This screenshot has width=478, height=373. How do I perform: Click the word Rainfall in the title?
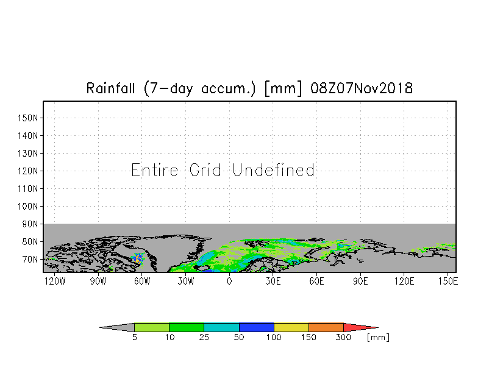[x=110, y=88]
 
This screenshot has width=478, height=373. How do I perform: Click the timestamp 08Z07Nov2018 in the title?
[x=362, y=88]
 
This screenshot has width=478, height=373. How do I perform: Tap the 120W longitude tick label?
[x=55, y=281]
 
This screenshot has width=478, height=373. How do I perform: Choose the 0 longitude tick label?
[x=229, y=281]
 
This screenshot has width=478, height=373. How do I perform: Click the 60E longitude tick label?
[x=317, y=281]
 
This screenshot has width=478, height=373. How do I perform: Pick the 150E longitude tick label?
[x=448, y=281]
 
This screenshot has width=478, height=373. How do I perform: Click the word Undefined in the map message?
[x=273, y=170]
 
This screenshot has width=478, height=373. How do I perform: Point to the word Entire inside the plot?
[x=155, y=170]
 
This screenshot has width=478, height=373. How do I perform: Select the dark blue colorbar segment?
[x=256, y=327]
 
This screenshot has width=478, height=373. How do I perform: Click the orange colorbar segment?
[x=326, y=327]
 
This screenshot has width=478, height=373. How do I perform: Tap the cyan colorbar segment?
[x=222, y=327]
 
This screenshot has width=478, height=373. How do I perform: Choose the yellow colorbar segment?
[x=291, y=327]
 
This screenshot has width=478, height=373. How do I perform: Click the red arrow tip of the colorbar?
[x=377, y=328]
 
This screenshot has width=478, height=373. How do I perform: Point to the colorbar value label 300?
[x=344, y=338]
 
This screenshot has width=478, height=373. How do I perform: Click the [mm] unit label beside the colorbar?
[x=378, y=338]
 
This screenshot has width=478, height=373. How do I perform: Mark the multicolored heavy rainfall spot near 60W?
[x=138, y=258]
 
